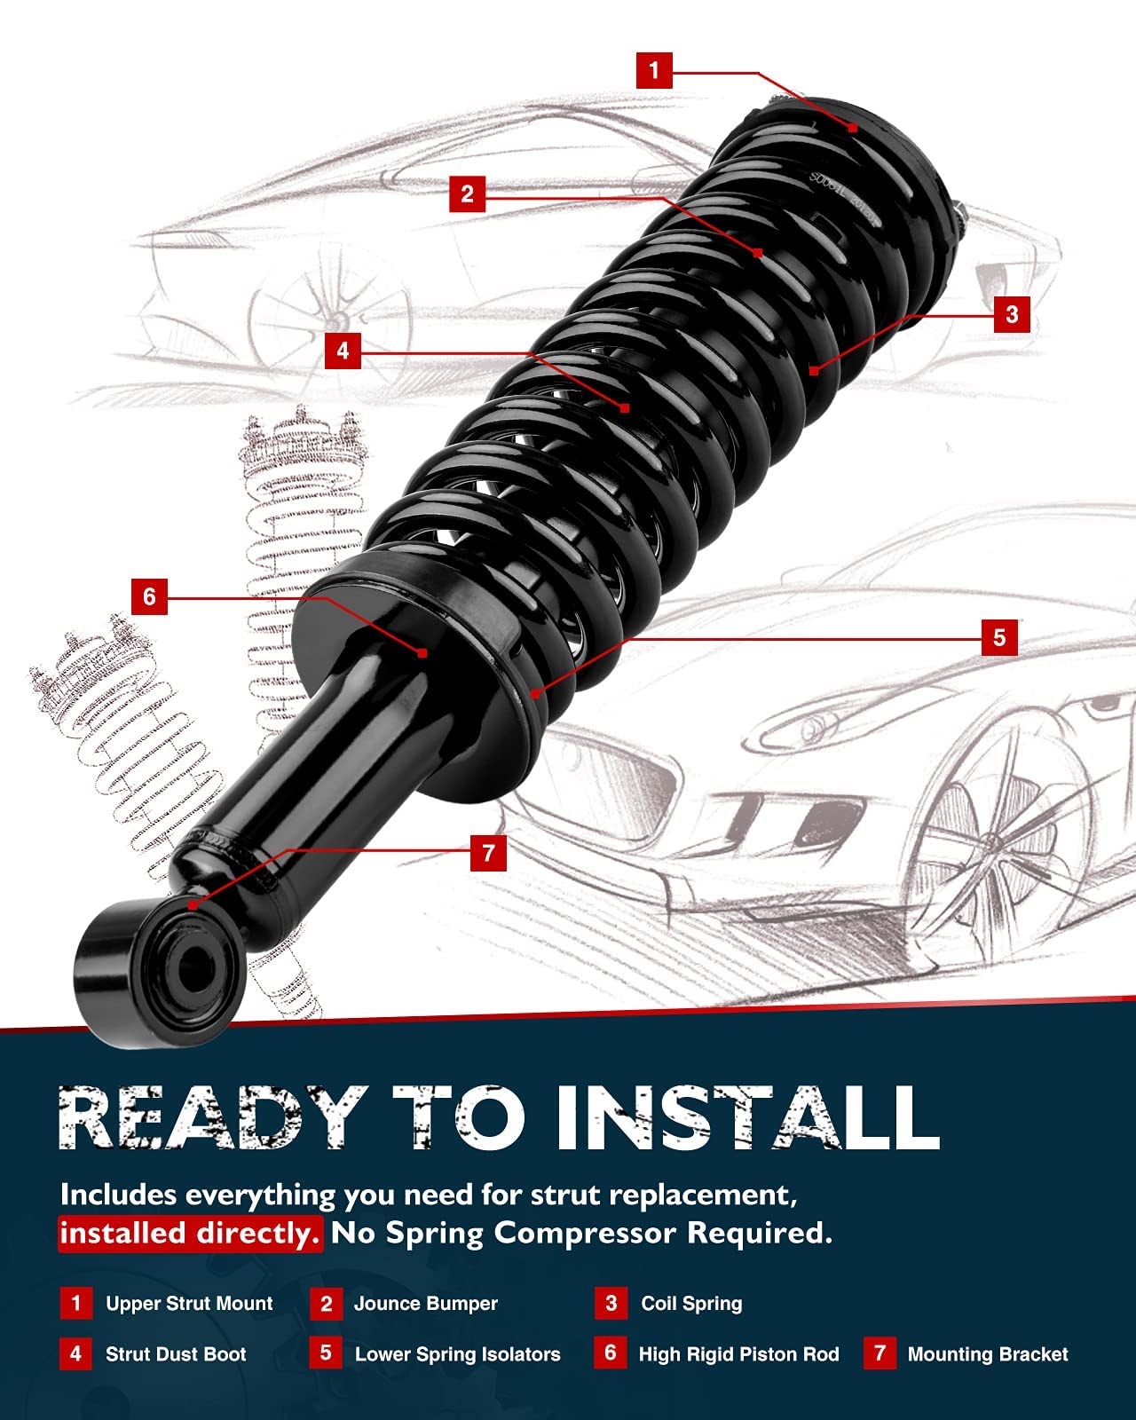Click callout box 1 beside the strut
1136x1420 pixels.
pyautogui.click(x=654, y=70)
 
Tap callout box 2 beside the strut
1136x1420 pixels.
pyautogui.click(x=468, y=193)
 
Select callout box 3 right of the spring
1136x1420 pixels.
pyautogui.click(x=1012, y=314)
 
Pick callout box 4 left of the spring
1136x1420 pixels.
pyautogui.click(x=343, y=351)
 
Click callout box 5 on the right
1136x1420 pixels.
pyautogui.click(x=999, y=637)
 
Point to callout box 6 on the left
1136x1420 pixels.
pyautogui.click(x=149, y=596)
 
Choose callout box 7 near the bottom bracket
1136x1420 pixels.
pyautogui.click(x=488, y=853)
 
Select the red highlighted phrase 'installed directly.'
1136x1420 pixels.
pyautogui.click(x=190, y=1234)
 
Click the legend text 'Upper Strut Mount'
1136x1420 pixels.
pyautogui.click(x=189, y=1304)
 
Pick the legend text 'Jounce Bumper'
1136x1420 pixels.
pyautogui.click(x=426, y=1304)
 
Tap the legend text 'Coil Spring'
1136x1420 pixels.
pyautogui.click(x=691, y=1304)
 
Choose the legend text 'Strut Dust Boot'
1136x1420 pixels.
pyautogui.click(x=176, y=1354)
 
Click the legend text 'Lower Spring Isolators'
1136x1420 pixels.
pyautogui.click(x=458, y=1354)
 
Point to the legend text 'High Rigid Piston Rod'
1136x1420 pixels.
pyautogui.click(x=738, y=1354)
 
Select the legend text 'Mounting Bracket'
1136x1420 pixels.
pyautogui.click(x=988, y=1354)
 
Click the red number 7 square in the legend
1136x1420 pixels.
pyautogui.click(x=879, y=1353)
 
